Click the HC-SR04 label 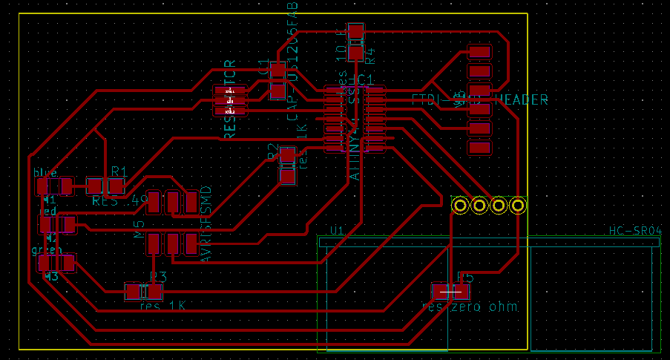tap(634, 232)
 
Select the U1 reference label tap(336, 231)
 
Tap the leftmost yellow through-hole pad tap(461, 205)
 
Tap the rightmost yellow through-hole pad tap(518, 205)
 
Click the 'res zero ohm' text tap(469, 307)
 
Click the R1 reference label tap(118, 171)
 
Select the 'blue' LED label tap(45, 172)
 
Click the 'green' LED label tap(46, 250)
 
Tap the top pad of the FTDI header tap(480, 53)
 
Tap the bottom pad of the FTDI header tap(480, 147)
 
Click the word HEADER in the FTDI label tap(522, 100)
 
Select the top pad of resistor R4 tap(356, 31)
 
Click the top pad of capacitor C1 tap(277, 71)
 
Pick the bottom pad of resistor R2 tap(287, 175)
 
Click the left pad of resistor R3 tap(134, 292)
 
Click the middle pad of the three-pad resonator tap(230, 100)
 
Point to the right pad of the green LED tap(66, 262)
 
